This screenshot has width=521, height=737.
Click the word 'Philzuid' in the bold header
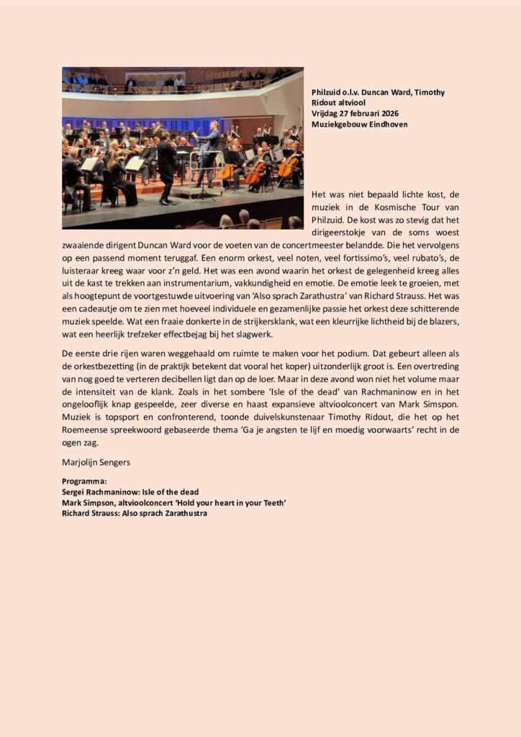click(327, 92)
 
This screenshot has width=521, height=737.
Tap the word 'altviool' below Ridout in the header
click(352, 103)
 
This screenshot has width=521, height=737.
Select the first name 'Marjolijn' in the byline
click(78, 463)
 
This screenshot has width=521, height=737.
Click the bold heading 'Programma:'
click(85, 481)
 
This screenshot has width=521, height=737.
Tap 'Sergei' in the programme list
click(76, 492)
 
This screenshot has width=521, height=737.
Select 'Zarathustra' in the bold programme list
click(183, 513)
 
